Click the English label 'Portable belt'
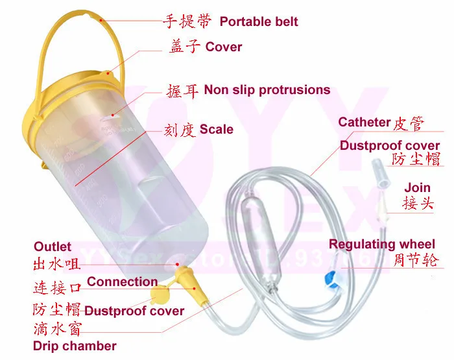click(259, 21)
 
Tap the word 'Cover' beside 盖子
click(224, 47)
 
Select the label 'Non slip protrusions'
click(267, 90)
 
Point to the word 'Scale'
click(216, 129)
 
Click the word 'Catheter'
click(364, 122)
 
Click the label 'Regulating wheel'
click(382, 244)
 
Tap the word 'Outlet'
click(53, 246)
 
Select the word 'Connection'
click(122, 282)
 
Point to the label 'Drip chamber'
click(75, 346)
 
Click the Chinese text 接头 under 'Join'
click(418, 204)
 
